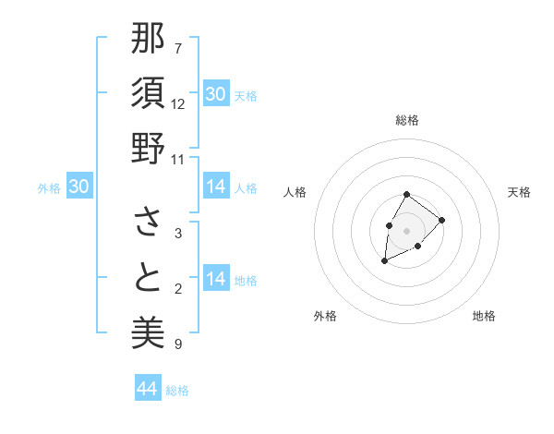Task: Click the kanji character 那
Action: click(148, 41)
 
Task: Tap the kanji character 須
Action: click(148, 94)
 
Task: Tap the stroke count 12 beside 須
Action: click(178, 103)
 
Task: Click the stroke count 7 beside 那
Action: click(178, 49)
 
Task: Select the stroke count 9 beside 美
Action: click(178, 344)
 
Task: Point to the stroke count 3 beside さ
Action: click(178, 234)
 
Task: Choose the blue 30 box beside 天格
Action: click(216, 94)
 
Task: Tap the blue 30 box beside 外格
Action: click(79, 187)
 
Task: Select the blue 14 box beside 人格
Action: click(216, 187)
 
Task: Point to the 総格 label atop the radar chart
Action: click(406, 120)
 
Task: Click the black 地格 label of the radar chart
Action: click(484, 317)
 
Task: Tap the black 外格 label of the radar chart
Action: click(325, 317)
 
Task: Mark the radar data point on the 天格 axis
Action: click(442, 220)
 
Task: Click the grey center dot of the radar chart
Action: click(406, 230)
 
